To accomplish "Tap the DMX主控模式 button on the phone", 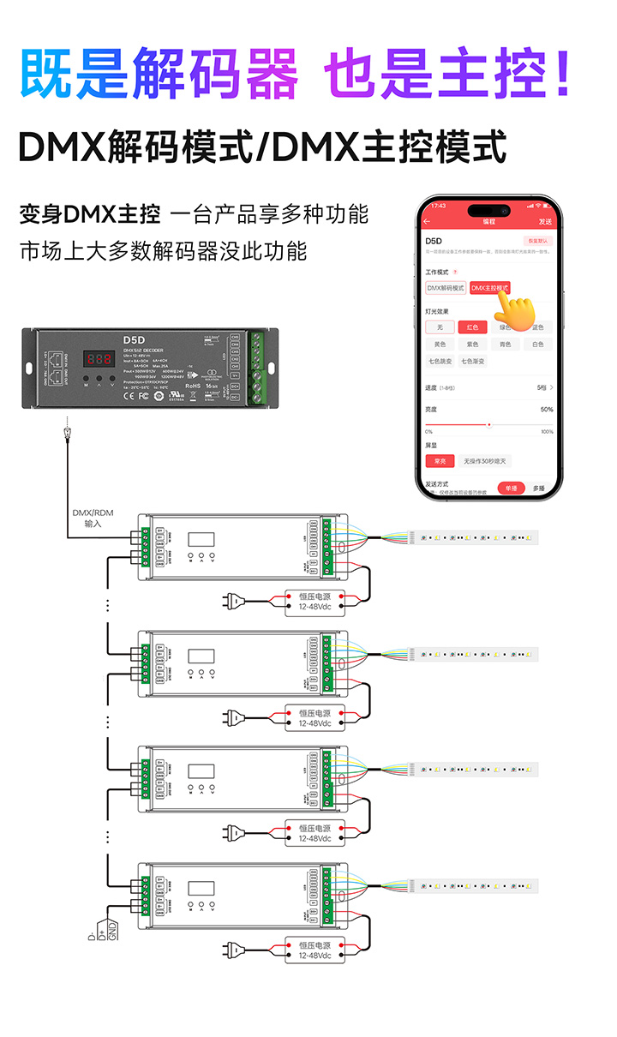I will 489,288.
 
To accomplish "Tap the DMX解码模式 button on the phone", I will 446,288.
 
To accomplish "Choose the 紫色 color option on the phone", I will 472,344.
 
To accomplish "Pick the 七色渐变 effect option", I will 472,361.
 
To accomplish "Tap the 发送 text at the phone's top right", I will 545,221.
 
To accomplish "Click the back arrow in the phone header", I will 428,221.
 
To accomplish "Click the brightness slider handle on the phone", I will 489,424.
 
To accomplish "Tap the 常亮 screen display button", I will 440,461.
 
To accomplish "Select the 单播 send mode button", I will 511,488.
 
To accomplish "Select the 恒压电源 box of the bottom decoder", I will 314,950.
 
